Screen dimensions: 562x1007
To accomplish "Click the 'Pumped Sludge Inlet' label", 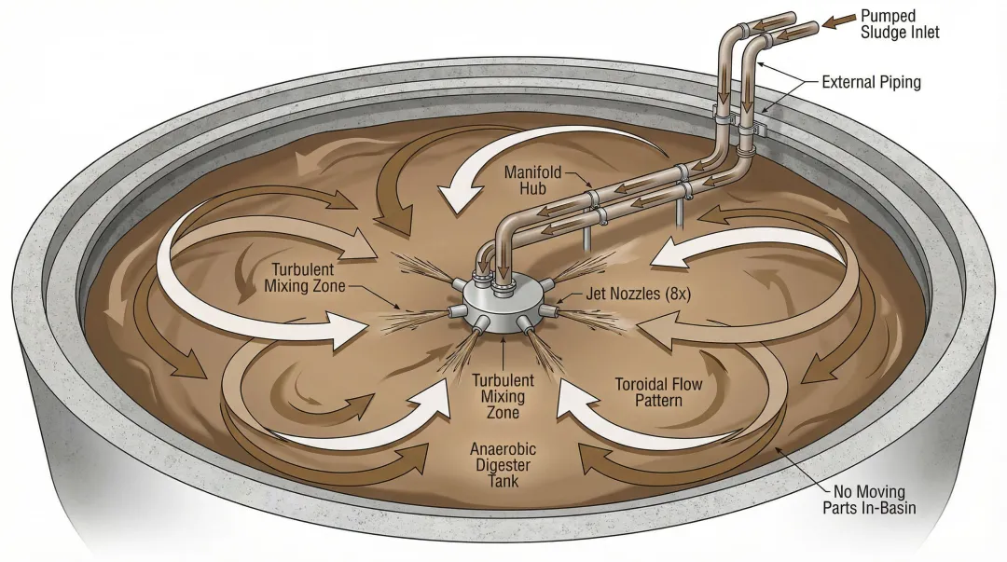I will coord(900,24).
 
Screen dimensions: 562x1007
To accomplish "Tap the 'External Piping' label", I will coord(871,82).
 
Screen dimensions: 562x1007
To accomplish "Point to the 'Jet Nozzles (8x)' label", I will coord(637,293).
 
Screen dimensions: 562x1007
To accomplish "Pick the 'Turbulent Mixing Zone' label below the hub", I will coord(504,396).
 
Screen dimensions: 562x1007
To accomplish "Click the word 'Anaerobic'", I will coord(504,448).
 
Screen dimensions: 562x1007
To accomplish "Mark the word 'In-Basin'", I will coord(890,509).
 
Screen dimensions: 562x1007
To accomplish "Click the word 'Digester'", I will coord(504,465).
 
